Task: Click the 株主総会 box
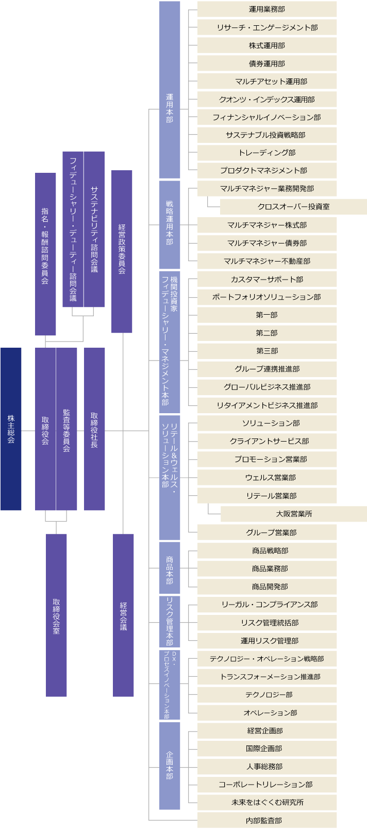11,429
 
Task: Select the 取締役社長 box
94,429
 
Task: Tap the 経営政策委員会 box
122,251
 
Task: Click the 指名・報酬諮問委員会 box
45,254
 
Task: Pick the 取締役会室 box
56,615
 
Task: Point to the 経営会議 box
123,615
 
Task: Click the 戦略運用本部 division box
170,224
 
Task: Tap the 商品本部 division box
170,568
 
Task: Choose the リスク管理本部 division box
170,622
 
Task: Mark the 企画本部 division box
170,766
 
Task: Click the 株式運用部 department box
267,45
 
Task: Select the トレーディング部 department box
267,153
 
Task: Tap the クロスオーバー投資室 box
293,207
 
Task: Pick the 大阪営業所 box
294,514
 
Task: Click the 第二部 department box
267,333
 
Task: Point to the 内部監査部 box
267,820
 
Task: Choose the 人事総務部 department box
267,767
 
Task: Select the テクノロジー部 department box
267,695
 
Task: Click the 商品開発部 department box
267,587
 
